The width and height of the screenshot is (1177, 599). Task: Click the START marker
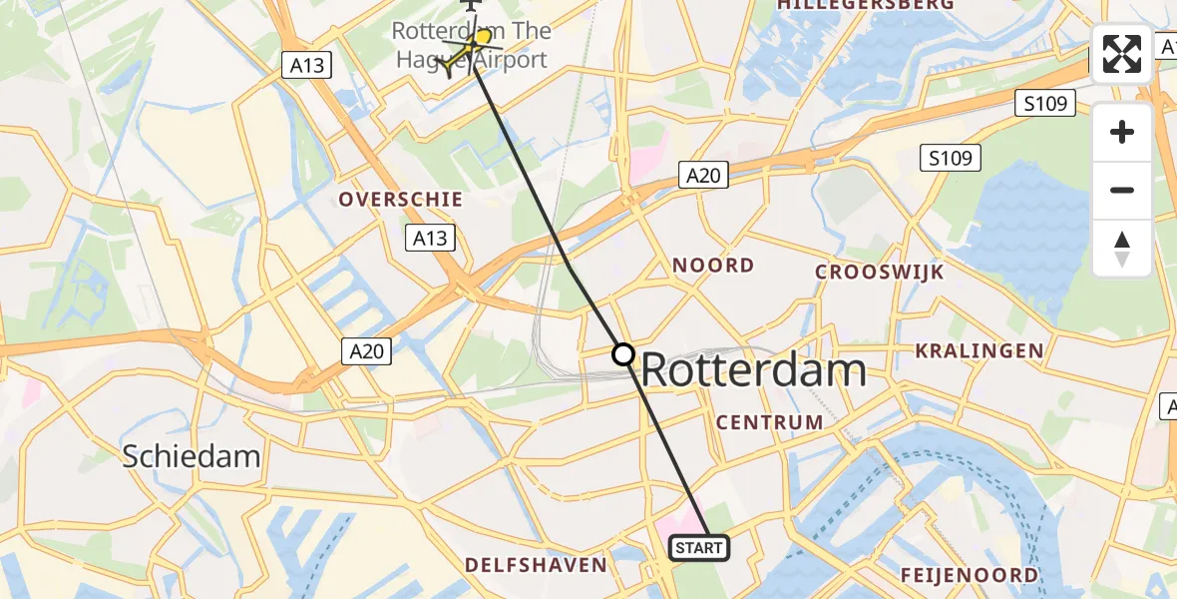[700, 548]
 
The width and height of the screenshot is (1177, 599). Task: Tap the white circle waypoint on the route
[623, 354]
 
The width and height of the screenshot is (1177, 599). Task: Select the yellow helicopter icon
[468, 52]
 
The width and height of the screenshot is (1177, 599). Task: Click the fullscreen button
[1122, 54]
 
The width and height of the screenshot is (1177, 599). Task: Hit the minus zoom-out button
[1122, 190]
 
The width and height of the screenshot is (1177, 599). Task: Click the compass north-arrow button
[1122, 249]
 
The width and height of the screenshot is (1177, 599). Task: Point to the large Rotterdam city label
[753, 371]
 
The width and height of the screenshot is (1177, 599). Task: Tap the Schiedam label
[192, 457]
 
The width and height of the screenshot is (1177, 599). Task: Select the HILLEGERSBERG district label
[865, 5]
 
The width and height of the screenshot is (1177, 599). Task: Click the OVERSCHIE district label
[401, 200]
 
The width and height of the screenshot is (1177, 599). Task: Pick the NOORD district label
[713, 266]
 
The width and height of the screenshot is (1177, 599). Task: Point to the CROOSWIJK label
[879, 273]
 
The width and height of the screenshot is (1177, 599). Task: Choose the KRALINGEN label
[980, 351]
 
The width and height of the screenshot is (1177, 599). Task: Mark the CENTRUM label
[770, 422]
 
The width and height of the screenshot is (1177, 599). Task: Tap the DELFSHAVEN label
[536, 566]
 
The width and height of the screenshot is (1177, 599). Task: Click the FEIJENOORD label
[970, 576]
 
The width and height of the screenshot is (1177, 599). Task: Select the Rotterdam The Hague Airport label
[470, 45]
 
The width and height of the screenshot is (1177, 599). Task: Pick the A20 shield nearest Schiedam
[366, 350]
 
